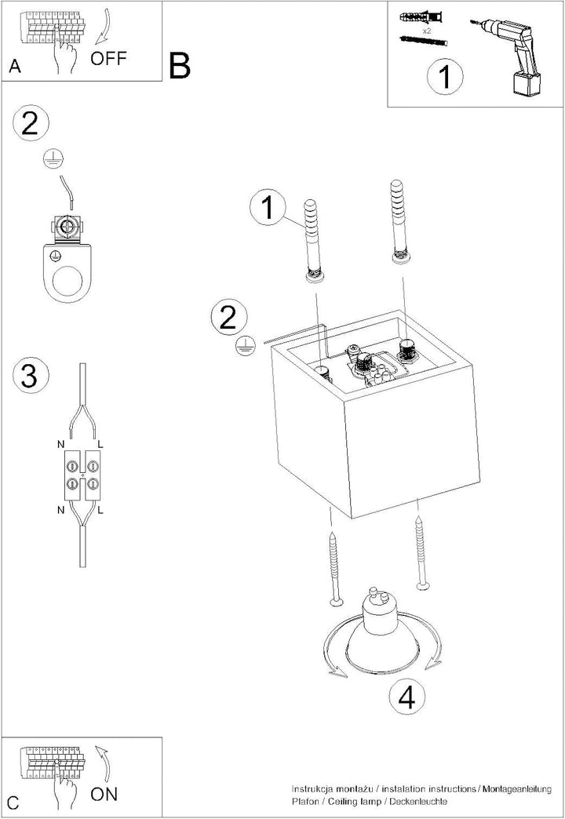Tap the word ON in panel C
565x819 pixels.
pos(104,795)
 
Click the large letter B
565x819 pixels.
pos(180,66)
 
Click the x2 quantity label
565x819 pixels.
pos(426,31)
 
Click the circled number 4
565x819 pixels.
pos(408,697)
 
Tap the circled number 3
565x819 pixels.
pos(30,374)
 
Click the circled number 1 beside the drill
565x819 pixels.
pos(445,78)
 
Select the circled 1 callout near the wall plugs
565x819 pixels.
pos(268,207)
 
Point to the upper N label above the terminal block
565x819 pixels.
pos(61,445)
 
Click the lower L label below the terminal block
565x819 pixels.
pos(100,510)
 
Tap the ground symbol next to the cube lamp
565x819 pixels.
pos(245,346)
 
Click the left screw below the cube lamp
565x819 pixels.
pos(334,570)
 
